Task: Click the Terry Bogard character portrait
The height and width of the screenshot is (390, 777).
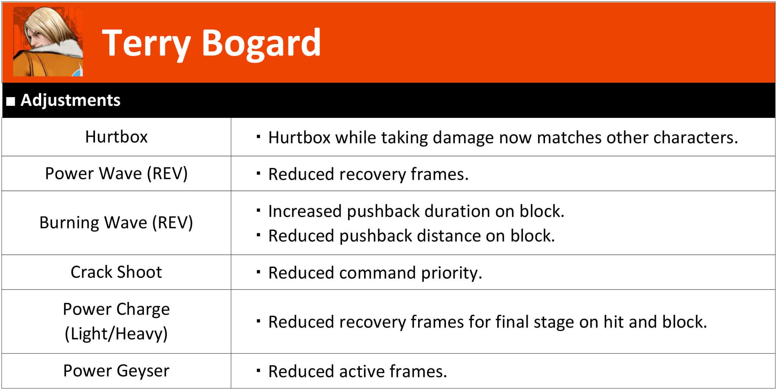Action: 48,42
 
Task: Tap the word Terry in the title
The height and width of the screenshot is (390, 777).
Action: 146,44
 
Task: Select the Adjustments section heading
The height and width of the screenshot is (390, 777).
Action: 70,100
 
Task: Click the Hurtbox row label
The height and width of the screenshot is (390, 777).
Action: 116,136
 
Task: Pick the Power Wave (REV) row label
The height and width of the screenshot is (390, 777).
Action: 116,173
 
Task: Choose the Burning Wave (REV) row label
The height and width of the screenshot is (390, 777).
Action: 116,222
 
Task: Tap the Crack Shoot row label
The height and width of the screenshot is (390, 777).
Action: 116,272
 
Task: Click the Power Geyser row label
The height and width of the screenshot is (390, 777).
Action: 116,371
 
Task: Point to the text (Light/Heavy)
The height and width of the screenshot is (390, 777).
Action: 116,334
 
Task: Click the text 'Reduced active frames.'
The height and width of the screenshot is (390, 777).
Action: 358,371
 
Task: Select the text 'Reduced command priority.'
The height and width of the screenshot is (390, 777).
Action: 375,273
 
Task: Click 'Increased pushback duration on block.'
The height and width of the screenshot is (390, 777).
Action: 416,211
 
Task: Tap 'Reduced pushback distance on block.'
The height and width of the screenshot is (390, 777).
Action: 411,236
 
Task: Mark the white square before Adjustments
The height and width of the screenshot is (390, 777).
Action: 11,101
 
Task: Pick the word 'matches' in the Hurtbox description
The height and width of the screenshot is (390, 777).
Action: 569,138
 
